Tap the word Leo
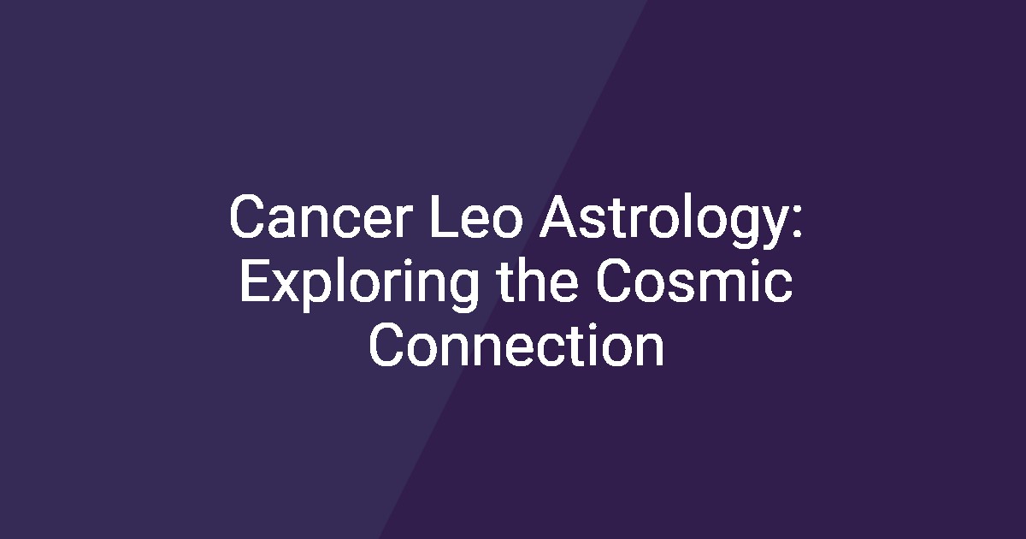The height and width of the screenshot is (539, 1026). click(476, 216)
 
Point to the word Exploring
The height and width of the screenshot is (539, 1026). click(358, 285)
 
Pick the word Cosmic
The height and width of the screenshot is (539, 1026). click(694, 280)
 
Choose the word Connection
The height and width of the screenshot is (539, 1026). click(516, 345)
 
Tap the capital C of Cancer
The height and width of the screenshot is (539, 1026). click(248, 216)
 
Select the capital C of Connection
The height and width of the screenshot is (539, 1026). click(387, 346)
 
